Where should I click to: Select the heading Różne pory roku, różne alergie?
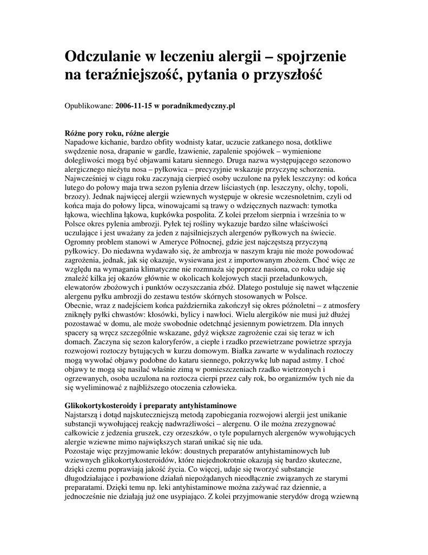click(117, 133)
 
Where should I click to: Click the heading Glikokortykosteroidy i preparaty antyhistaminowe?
click(150, 405)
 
